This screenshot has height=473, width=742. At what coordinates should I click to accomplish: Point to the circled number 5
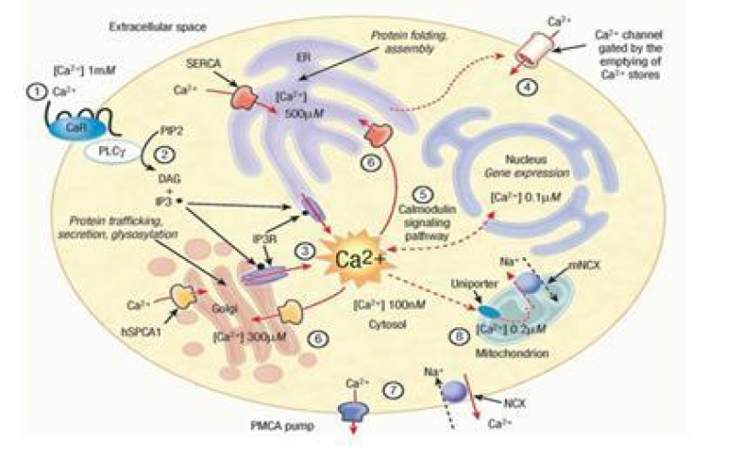pos(421,194)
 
